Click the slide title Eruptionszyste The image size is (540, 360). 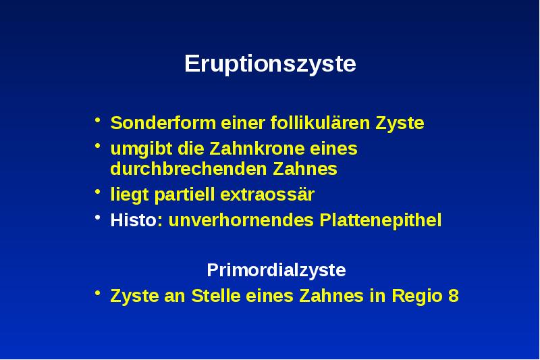click(x=270, y=65)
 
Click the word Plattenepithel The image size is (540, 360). click(x=381, y=220)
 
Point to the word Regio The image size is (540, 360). click(x=418, y=296)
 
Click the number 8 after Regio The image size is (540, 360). click(x=453, y=296)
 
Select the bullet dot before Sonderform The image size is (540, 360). click(x=98, y=122)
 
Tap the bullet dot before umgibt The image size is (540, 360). click(x=98, y=147)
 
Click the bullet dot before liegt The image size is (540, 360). click(x=98, y=193)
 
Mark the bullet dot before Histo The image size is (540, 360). click(x=98, y=219)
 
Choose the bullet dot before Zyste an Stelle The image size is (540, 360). click(x=98, y=294)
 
